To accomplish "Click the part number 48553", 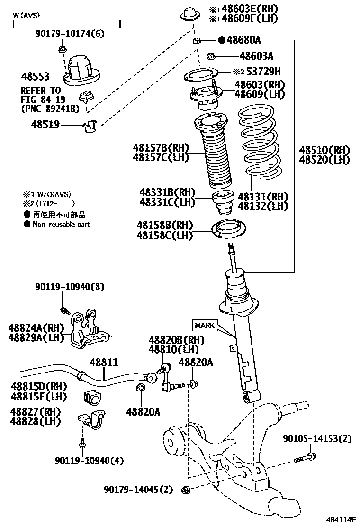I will coord(36,76).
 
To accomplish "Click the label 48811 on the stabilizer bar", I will coord(103,363).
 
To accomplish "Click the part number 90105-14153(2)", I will coord(317,439).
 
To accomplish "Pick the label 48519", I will coord(45,125).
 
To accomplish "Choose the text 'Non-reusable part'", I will coord(61,224).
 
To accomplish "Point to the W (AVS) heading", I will coord(27,15).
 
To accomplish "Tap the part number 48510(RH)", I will coord(324,151).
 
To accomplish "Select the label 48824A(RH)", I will coord(36,327).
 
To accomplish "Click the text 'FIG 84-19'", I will coord(40,100).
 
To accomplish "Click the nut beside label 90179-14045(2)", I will coord(186,490).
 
